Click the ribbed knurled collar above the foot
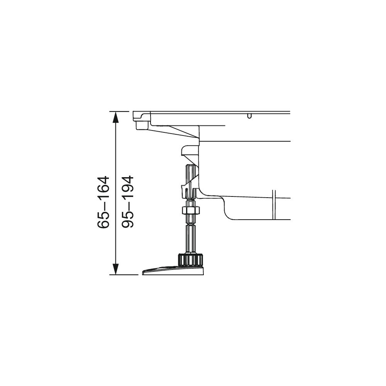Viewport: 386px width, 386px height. click(x=190, y=260)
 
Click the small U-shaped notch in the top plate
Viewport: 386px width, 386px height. click(x=249, y=116)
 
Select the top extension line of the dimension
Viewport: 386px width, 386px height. click(x=119, y=112)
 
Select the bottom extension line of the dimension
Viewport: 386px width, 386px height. click(x=124, y=274)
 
